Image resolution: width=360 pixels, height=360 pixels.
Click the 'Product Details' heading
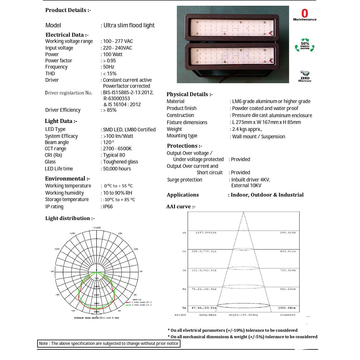pos(68,10)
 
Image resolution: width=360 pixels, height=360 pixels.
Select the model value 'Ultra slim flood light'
pos(129,25)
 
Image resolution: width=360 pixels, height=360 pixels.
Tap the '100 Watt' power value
pos(113,54)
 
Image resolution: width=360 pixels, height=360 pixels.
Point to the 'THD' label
pos(50,74)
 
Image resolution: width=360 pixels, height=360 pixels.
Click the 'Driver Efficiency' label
pos(63,110)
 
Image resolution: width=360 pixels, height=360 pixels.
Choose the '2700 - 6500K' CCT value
pos(117,149)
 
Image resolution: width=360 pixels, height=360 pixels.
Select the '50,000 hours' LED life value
pos(117,169)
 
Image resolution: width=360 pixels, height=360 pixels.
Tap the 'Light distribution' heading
pos(70,218)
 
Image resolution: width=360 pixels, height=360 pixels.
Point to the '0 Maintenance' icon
pos(305,15)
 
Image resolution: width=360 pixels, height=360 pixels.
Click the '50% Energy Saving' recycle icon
pos(305,45)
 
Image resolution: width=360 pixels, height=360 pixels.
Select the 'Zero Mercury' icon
pos(305,77)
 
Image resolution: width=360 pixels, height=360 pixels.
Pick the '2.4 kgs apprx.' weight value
pos(247,129)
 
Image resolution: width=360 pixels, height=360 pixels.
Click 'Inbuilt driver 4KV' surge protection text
pos(250,180)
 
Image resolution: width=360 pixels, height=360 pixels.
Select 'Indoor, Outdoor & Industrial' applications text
pos(267,195)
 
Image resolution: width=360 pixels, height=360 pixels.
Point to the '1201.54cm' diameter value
pos(287,308)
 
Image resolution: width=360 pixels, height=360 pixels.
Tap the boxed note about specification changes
pos(109,343)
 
